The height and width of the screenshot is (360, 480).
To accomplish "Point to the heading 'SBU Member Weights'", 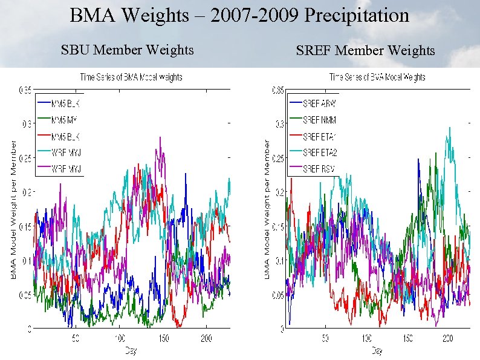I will pos(128,50).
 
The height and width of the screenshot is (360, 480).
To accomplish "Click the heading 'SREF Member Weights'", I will pos(365,51).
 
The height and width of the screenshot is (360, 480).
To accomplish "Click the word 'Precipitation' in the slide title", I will pos(357,15).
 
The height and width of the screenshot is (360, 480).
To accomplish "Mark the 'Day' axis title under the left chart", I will pos(131,350).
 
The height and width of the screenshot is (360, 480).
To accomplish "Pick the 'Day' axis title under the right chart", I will pos(377,350).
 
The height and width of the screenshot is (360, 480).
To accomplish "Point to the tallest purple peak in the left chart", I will pos(160,138).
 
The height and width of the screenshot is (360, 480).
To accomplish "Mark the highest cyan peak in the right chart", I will pos(449,128).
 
